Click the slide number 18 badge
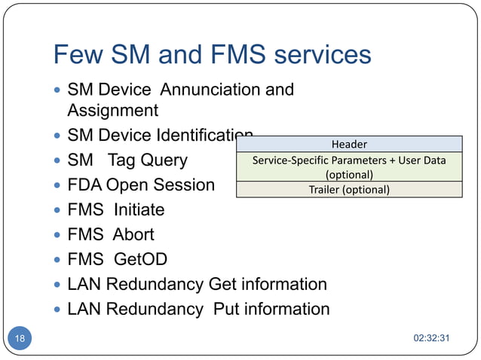(20, 338)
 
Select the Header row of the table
(349, 144)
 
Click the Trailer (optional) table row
(349, 189)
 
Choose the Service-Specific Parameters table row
(349, 166)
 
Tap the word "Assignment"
(113, 111)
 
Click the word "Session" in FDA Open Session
(184, 185)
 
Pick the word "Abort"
(133, 234)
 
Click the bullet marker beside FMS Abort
(58, 234)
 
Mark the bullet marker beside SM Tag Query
(58, 160)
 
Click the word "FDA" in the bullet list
(84, 185)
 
